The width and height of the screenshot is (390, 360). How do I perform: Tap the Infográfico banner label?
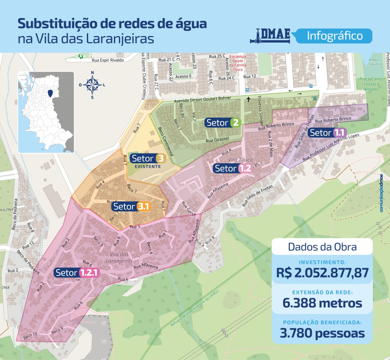point(335,36)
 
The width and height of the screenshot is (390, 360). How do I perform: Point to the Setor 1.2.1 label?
point(77,273)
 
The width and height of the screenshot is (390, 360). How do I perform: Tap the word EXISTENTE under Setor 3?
point(148,166)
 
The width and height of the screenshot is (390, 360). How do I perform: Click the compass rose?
point(92,85)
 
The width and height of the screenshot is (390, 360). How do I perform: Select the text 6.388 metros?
point(322,303)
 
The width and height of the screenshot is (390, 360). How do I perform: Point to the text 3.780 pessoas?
point(322,333)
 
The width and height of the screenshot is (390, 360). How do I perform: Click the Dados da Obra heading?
point(322,247)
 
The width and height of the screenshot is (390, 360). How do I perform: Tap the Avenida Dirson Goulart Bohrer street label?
point(202,100)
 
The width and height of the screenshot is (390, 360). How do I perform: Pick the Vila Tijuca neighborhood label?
point(240,160)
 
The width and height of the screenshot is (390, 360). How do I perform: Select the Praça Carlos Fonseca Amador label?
point(371,84)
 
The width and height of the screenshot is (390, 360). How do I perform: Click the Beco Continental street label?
point(166,142)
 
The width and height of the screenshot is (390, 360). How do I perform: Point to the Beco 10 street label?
point(30,335)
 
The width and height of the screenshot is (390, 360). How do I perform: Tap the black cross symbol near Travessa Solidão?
point(248,99)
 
